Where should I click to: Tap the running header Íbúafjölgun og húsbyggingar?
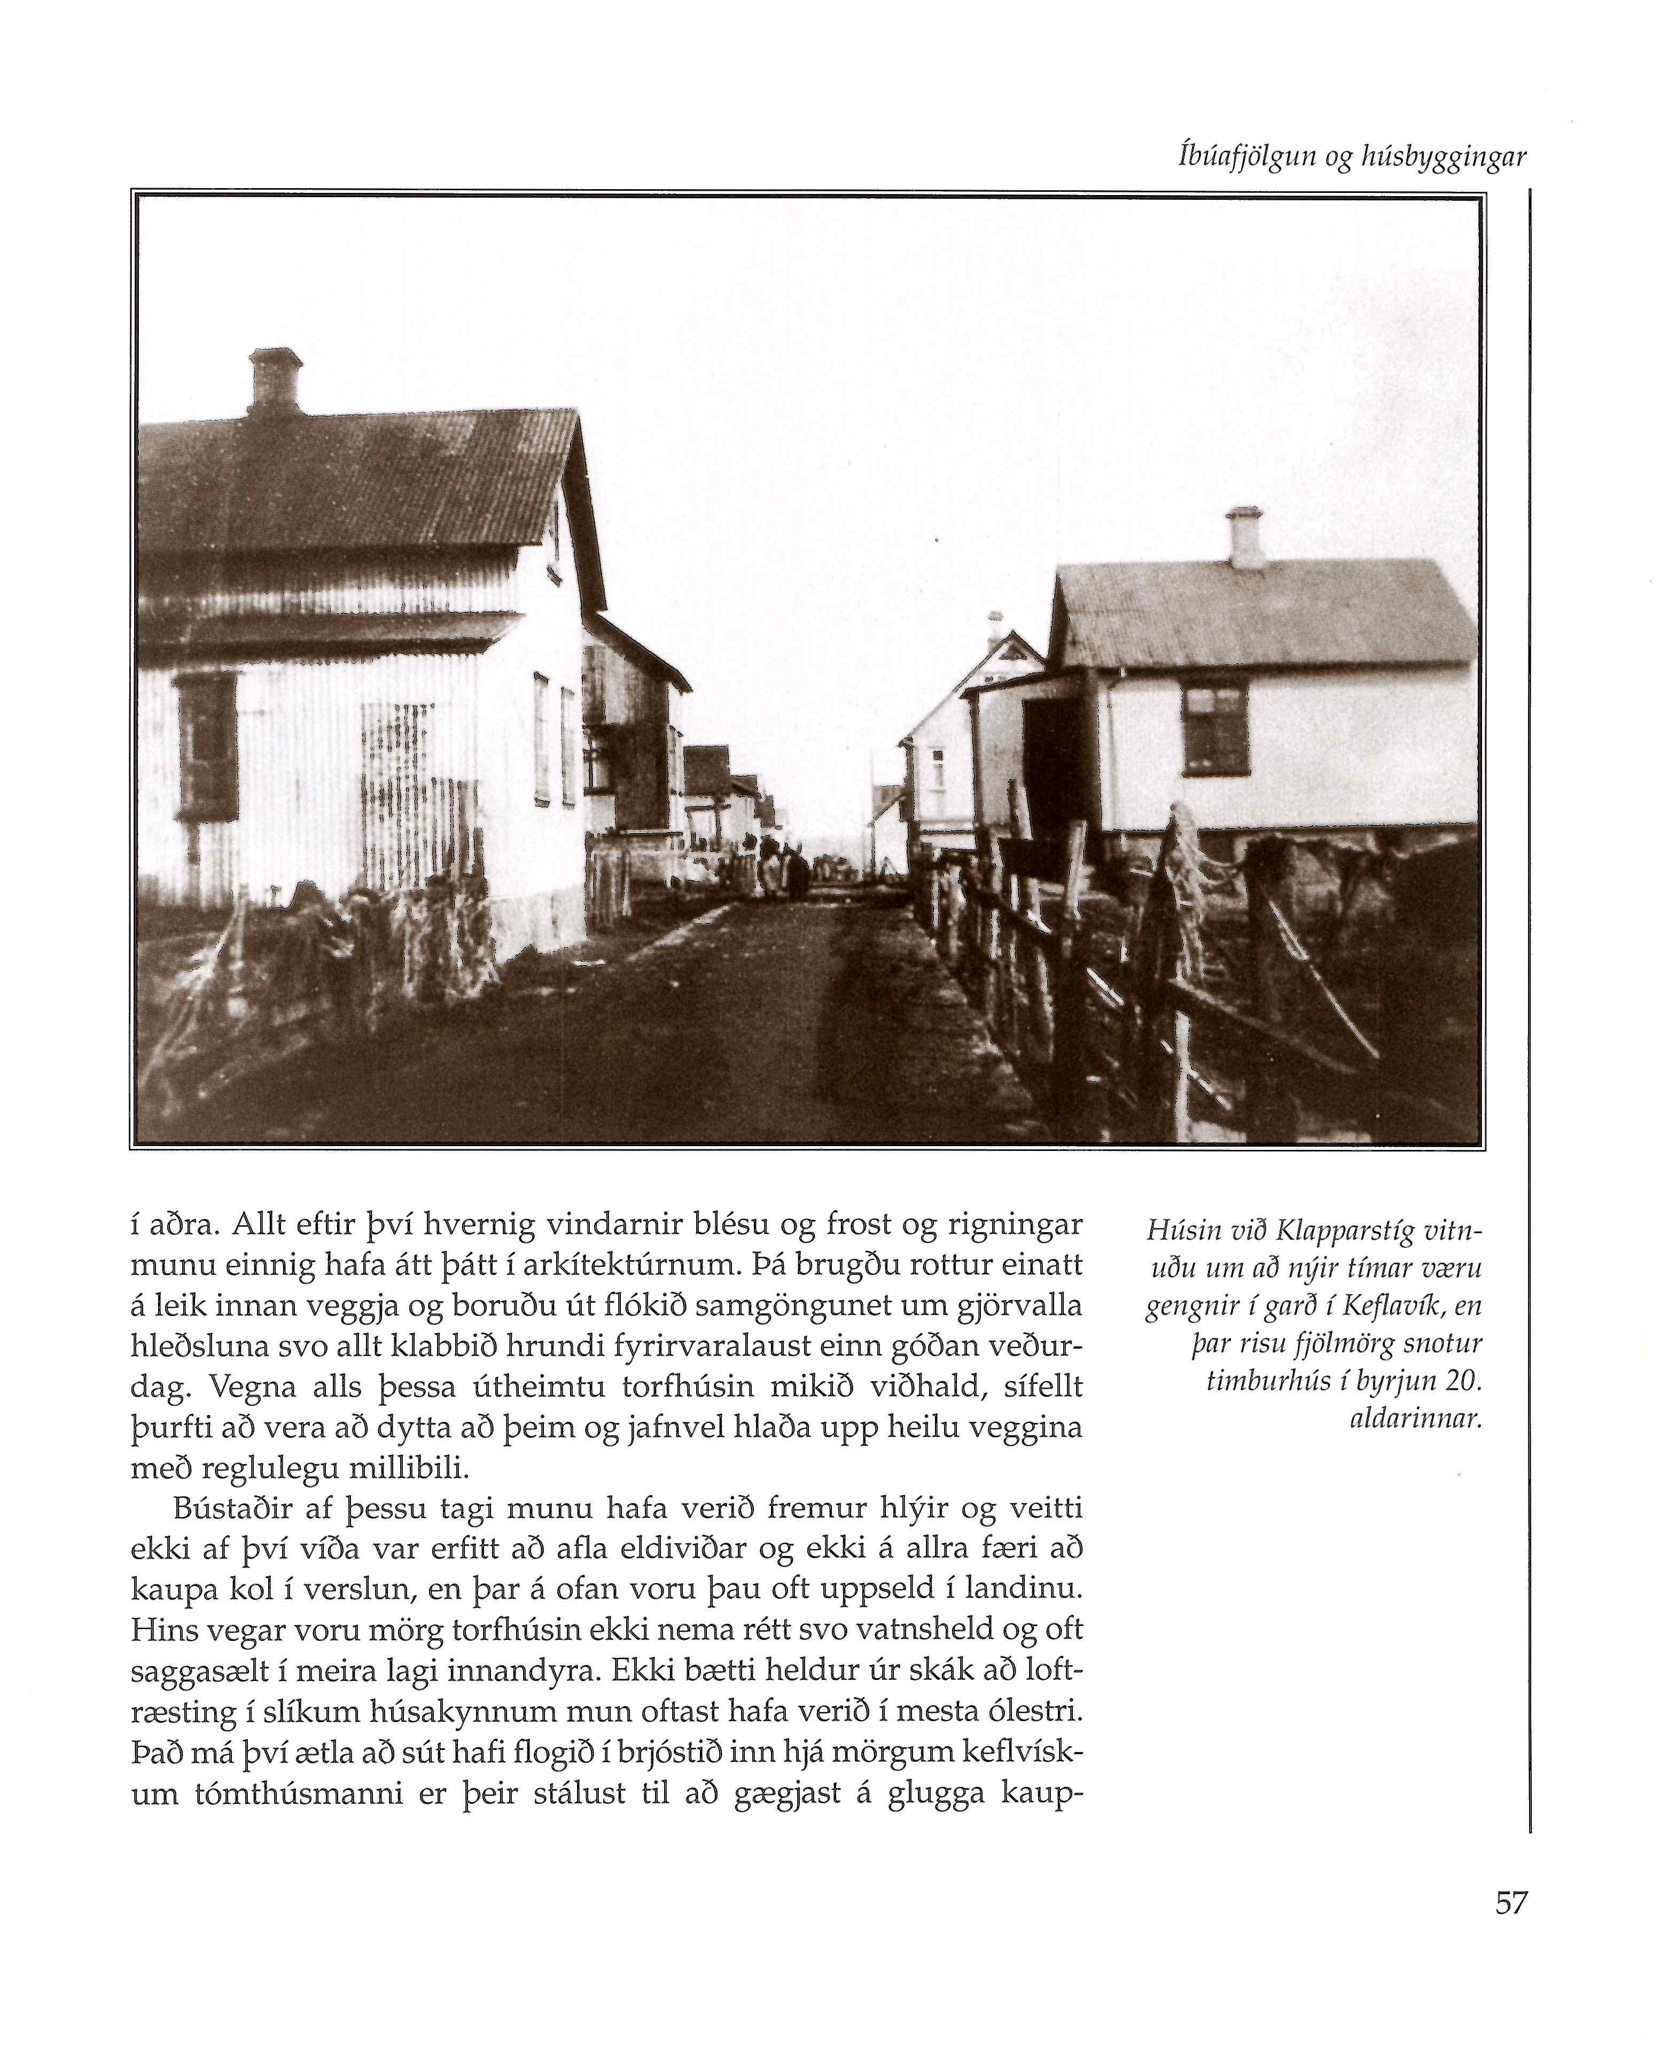pos(1352,158)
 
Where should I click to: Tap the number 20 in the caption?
pos(1461,1381)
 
